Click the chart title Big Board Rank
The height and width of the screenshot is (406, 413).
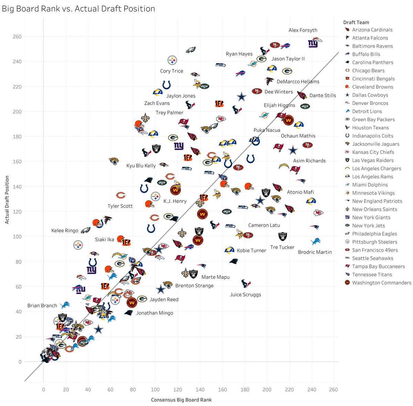[x=78, y=9]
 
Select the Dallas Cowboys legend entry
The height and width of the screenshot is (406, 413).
[x=370, y=95]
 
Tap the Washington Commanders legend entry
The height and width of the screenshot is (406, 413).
[x=381, y=283]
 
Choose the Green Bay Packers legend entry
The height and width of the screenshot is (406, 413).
[x=373, y=119]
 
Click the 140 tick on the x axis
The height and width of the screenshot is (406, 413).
[x=200, y=389]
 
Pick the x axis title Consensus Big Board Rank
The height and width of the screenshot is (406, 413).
[x=181, y=400]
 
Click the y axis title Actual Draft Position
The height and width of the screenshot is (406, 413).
[x=7, y=200]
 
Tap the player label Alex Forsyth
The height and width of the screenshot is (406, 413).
[x=303, y=30]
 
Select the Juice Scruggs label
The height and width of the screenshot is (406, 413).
[x=245, y=294]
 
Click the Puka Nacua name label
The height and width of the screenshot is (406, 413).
[x=267, y=130]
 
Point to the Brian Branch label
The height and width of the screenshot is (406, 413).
[x=42, y=305]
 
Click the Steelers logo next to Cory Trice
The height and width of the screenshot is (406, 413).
[x=172, y=60]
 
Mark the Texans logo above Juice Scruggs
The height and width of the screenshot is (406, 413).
[x=246, y=284]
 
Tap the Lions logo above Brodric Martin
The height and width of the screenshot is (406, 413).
[x=315, y=241]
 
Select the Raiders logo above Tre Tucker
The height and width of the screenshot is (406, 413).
[x=283, y=236]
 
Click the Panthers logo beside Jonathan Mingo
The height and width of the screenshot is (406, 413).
[x=129, y=313]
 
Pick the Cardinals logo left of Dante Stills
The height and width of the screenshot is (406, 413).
[x=302, y=95]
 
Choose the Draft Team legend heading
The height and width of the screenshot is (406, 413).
[x=356, y=22]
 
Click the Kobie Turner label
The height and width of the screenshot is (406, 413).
[x=251, y=250]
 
